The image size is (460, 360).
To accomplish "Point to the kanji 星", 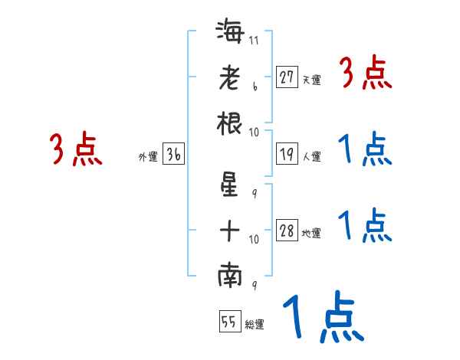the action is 230,188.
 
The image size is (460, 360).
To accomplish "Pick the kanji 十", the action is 230,231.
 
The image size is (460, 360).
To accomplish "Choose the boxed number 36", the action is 173,155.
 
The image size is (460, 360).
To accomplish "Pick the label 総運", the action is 255,324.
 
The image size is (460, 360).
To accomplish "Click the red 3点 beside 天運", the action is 366,74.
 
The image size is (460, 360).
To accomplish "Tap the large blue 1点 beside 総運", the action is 322,316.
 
